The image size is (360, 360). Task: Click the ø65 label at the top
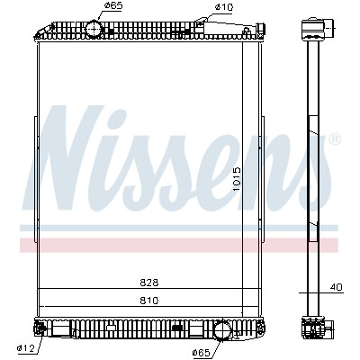coord(113,6)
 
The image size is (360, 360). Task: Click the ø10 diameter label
coord(224,7)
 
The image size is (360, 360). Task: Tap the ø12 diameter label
coord(26,348)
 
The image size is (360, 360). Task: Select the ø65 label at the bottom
coord(201,353)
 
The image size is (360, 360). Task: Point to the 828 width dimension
coord(149,283)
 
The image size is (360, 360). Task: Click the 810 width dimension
coord(149,301)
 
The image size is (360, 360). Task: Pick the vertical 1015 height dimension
coord(237,179)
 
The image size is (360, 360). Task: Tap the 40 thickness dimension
coord(336,287)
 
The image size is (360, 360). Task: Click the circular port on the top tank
coord(94,28)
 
